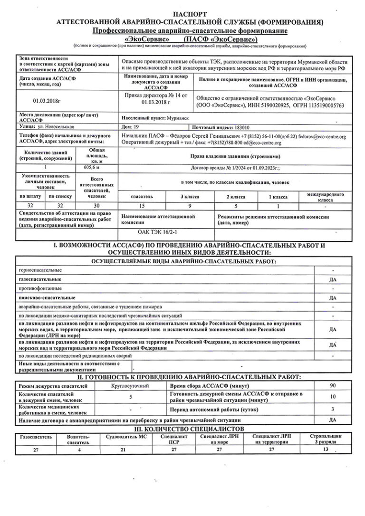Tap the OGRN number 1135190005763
(x=321, y=105)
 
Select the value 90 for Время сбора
(x=333, y=385)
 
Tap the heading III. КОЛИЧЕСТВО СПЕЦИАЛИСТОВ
(x=182, y=428)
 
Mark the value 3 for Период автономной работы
(x=333, y=409)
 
